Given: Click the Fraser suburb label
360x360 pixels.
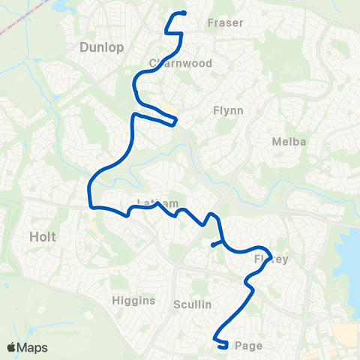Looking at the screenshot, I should tap(225, 22).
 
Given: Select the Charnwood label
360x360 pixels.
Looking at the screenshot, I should tap(180, 63).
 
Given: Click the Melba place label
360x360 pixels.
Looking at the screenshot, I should tap(286, 141).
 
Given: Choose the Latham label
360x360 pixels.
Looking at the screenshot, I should tap(158, 203).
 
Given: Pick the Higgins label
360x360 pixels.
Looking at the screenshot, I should tap(134, 301).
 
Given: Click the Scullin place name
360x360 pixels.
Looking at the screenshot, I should tap(193, 304).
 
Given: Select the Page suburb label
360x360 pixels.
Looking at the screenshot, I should tap(247, 346).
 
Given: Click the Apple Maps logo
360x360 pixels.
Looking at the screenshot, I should tap(27, 347).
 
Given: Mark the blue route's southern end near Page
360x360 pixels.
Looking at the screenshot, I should tap(225, 346).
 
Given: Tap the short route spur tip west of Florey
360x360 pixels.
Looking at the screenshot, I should tap(213, 244).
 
